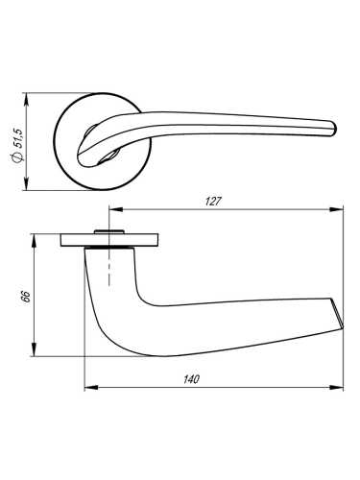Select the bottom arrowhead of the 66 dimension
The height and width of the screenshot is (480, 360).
click(36, 352)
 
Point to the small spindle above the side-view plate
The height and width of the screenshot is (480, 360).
click(108, 229)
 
